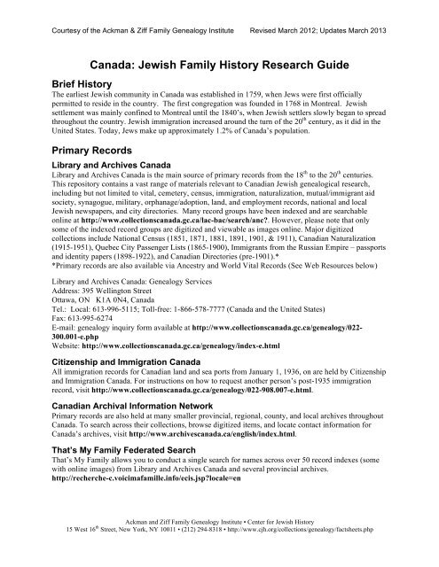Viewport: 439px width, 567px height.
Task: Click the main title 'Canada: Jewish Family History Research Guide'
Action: tap(219, 63)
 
